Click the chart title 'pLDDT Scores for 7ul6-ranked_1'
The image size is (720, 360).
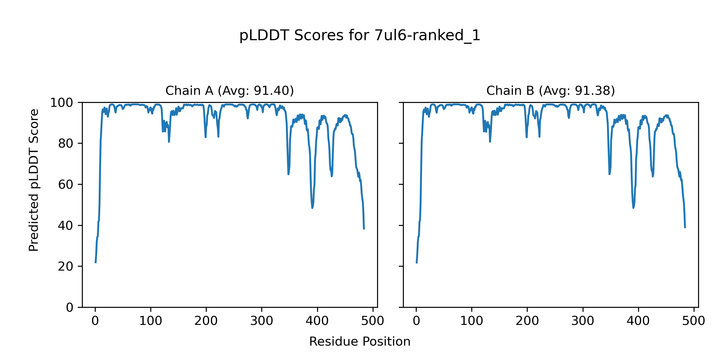[360, 36]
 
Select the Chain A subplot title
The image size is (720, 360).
[229, 91]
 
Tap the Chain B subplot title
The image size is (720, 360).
[550, 91]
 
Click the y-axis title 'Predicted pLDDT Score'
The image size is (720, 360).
[34, 180]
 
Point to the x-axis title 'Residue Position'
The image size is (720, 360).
[360, 342]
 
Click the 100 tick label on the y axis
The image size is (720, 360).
[61, 103]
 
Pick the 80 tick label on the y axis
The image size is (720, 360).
[66, 144]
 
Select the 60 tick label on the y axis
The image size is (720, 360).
[66, 185]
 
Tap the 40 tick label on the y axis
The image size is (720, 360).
[66, 226]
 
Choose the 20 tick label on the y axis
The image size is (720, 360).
[66, 267]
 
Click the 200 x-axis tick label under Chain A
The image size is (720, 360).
[206, 321]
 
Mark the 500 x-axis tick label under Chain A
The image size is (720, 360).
[373, 321]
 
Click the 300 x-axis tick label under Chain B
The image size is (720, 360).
[583, 321]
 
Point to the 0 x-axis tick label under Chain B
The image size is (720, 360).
[416, 321]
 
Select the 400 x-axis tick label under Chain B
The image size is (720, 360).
[638, 321]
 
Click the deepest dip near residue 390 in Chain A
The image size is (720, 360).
[312, 208]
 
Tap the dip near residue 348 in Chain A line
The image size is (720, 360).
[288, 174]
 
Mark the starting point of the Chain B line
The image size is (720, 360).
[416, 263]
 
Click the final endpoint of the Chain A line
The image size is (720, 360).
[364, 229]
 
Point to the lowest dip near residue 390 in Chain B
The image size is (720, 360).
[633, 208]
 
